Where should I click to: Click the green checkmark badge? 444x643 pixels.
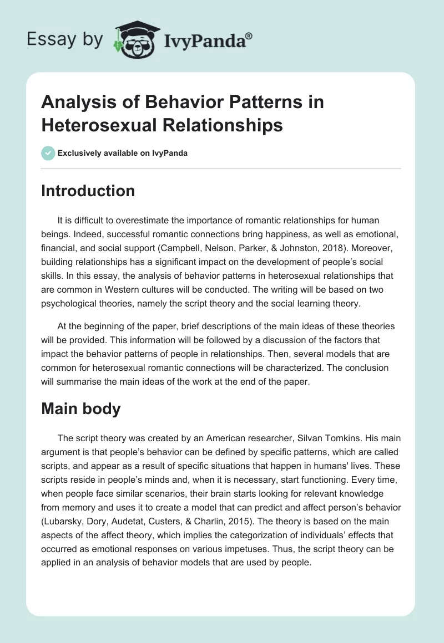(48, 153)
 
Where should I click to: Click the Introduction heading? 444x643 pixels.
(88, 191)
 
